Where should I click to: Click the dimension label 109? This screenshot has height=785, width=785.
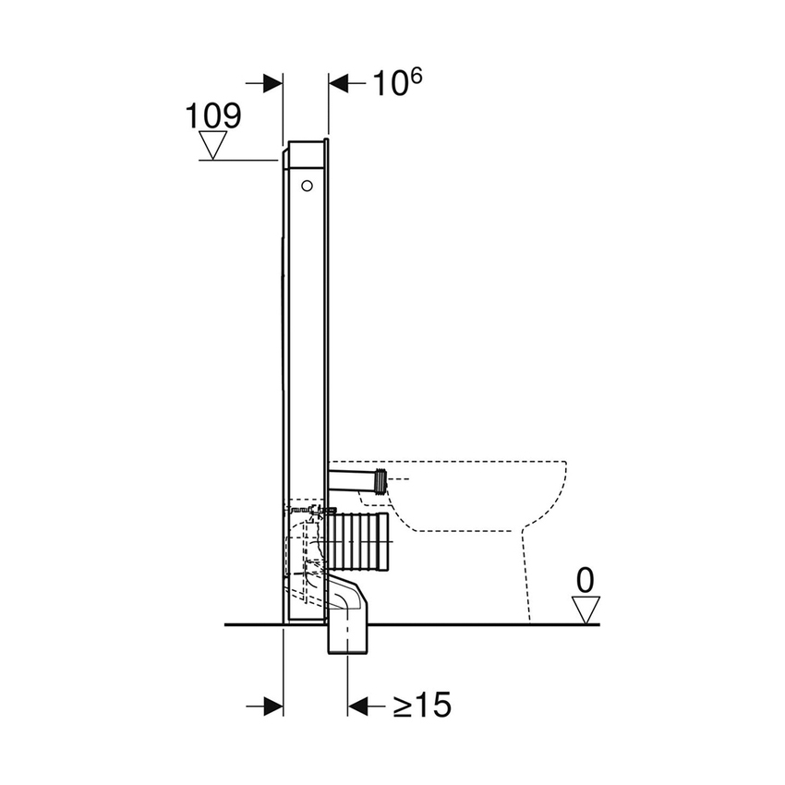click(x=213, y=116)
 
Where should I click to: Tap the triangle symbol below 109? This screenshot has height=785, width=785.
click(x=214, y=146)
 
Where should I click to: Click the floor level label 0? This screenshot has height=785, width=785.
click(x=585, y=581)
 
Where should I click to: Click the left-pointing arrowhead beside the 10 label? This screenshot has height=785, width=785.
click(x=341, y=83)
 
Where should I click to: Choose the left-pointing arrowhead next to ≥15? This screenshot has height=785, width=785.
click(x=358, y=706)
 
